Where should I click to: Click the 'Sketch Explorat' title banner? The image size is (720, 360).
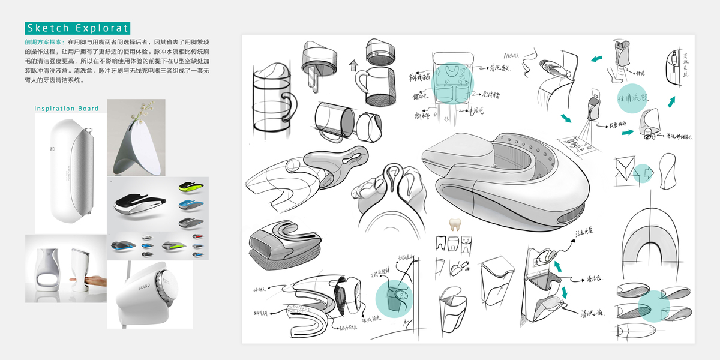77,28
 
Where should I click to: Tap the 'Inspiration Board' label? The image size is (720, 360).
66,109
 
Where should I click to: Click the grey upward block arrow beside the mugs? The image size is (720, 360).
353,63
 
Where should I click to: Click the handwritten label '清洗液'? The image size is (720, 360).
592,313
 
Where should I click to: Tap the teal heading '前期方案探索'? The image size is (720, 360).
45,43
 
